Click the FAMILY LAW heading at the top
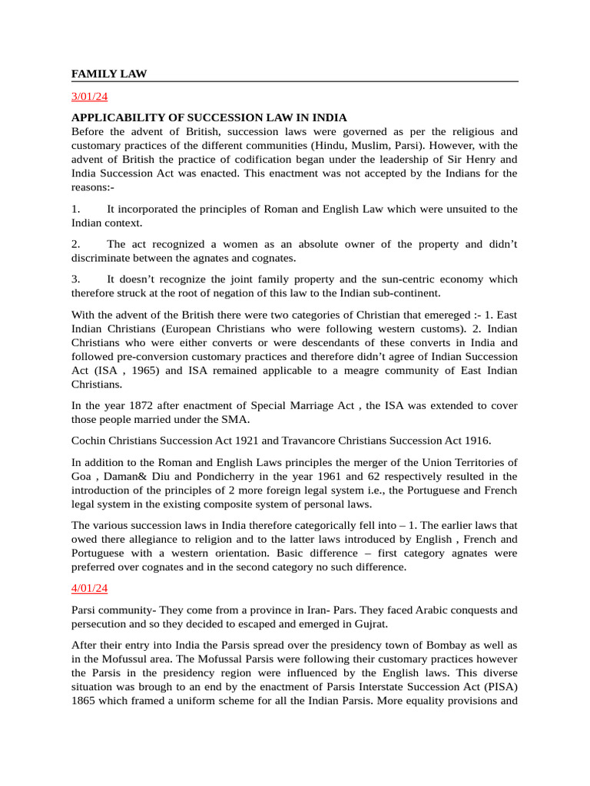point(109,74)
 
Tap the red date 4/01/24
point(90,588)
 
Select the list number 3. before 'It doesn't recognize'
point(76,279)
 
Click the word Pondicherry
point(221,476)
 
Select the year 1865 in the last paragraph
point(85,715)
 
